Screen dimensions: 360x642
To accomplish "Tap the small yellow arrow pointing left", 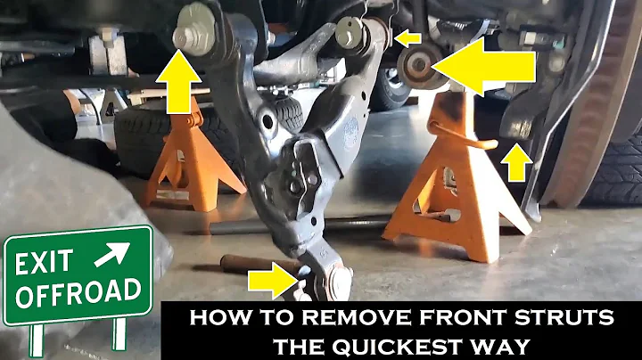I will pyautogui.click(x=408, y=37).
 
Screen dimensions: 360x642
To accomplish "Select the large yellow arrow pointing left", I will pyautogui.click(x=486, y=64).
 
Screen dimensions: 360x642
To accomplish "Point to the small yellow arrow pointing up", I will pyautogui.click(x=515, y=163).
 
